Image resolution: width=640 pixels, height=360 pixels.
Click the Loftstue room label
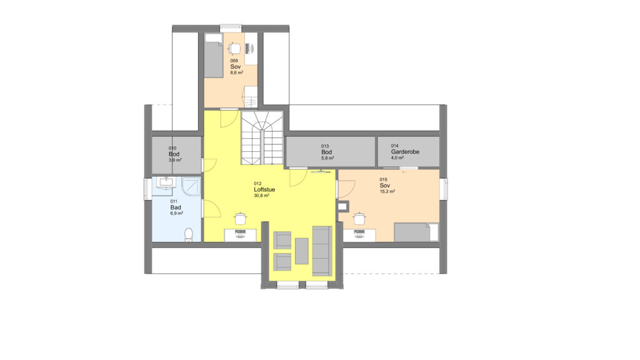click(x=264, y=190)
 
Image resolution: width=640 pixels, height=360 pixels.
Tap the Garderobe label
click(x=405, y=152)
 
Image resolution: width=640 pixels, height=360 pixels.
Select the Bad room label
click(x=176, y=207)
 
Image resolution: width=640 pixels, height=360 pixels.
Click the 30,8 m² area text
click(x=261, y=196)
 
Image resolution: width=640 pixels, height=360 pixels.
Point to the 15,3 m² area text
click(x=387, y=191)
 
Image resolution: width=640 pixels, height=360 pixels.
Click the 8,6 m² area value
click(x=237, y=72)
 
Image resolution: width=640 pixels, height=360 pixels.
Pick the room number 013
click(x=325, y=146)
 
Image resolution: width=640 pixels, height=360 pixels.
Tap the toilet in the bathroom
click(x=188, y=235)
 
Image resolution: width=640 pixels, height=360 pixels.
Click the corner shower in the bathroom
click(x=191, y=186)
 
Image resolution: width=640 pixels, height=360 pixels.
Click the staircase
click(x=262, y=137)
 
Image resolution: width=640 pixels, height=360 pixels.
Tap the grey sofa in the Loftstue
click(x=322, y=251)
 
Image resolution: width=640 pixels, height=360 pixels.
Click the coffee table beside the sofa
click(x=302, y=251)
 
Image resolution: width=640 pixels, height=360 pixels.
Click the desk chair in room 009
click(x=234, y=49)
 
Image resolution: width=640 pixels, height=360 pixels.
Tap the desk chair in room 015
click(x=359, y=218)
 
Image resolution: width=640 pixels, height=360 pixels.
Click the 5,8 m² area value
click(x=327, y=158)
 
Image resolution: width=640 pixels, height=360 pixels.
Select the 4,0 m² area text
click(x=397, y=157)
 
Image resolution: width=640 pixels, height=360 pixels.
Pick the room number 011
click(x=174, y=202)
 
